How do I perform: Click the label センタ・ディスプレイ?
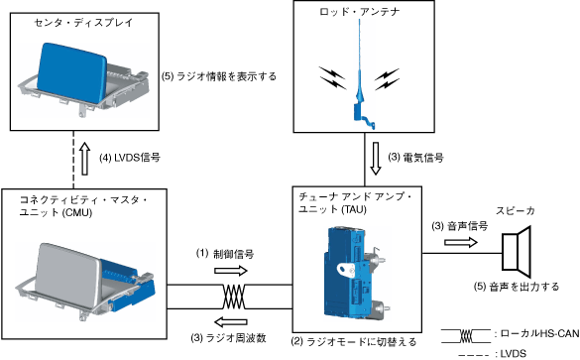click(83, 23)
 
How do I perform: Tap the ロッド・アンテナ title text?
click(360, 12)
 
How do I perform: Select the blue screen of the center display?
click(71, 71)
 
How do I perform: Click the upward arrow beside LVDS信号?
click(85, 159)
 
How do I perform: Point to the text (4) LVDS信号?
click(130, 158)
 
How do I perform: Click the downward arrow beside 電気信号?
click(376, 159)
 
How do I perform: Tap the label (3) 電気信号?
click(415, 158)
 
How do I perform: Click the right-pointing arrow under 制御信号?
click(231, 271)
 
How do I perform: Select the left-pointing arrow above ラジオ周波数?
click(231, 322)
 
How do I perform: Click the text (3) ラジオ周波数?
click(229, 338)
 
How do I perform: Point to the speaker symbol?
click(517, 252)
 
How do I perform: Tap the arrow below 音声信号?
click(461, 242)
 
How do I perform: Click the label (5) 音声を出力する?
click(517, 287)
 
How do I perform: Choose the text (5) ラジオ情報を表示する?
click(219, 76)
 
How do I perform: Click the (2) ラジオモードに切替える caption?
click(354, 341)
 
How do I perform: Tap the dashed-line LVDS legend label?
click(513, 353)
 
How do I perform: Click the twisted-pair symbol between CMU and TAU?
click(234, 297)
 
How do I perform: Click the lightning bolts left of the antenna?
click(332, 78)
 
